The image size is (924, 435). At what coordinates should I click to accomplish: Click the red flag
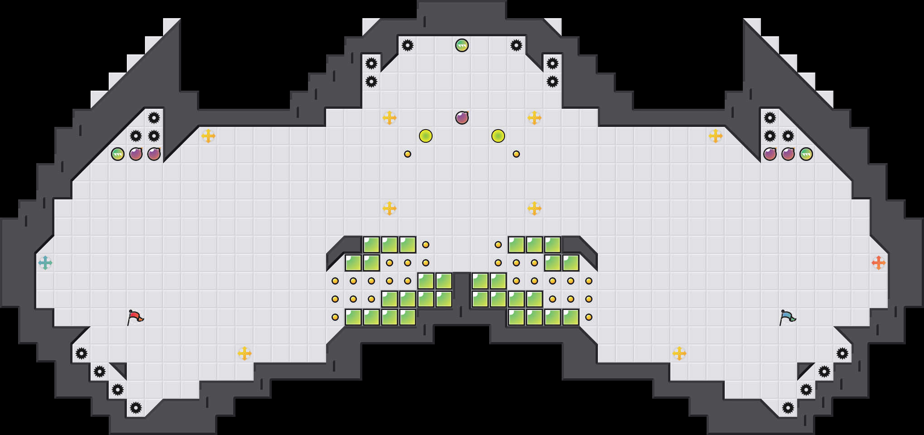pyautogui.click(x=135, y=317)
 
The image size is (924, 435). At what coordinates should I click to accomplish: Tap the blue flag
pyautogui.click(x=787, y=317)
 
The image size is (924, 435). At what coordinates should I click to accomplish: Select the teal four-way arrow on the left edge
pyautogui.click(x=45, y=263)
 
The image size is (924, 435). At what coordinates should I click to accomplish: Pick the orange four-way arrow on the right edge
pyautogui.click(x=879, y=263)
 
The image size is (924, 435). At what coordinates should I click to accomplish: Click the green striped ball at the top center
pyautogui.click(x=462, y=45)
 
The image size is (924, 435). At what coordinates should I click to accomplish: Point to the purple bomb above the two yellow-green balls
pyautogui.click(x=462, y=118)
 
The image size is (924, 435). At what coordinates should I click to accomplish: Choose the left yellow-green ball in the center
pyautogui.click(x=426, y=136)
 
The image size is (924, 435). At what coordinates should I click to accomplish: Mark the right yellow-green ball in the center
pyautogui.click(x=498, y=136)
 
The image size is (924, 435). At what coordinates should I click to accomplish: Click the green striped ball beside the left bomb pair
pyautogui.click(x=118, y=154)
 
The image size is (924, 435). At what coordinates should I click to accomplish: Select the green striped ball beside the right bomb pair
pyautogui.click(x=806, y=154)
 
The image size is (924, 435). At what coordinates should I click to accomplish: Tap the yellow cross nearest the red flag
pyautogui.click(x=245, y=353)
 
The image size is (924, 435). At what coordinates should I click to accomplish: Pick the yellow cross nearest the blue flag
pyautogui.click(x=679, y=353)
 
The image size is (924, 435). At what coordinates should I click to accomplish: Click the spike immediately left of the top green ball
pyautogui.click(x=408, y=45)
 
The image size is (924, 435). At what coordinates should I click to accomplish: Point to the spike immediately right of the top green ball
pyautogui.click(x=516, y=45)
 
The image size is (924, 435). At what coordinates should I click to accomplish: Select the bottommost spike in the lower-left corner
pyautogui.click(x=136, y=408)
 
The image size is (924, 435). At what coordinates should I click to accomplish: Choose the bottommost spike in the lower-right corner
pyautogui.click(x=788, y=408)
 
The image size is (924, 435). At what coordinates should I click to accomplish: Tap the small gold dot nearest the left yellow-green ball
pyautogui.click(x=408, y=154)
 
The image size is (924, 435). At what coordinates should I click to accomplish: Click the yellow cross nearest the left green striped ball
pyautogui.click(x=208, y=136)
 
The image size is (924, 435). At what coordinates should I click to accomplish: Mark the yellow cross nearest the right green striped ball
pyautogui.click(x=716, y=136)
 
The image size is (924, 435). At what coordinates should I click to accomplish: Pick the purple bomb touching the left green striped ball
pyautogui.click(x=136, y=154)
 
